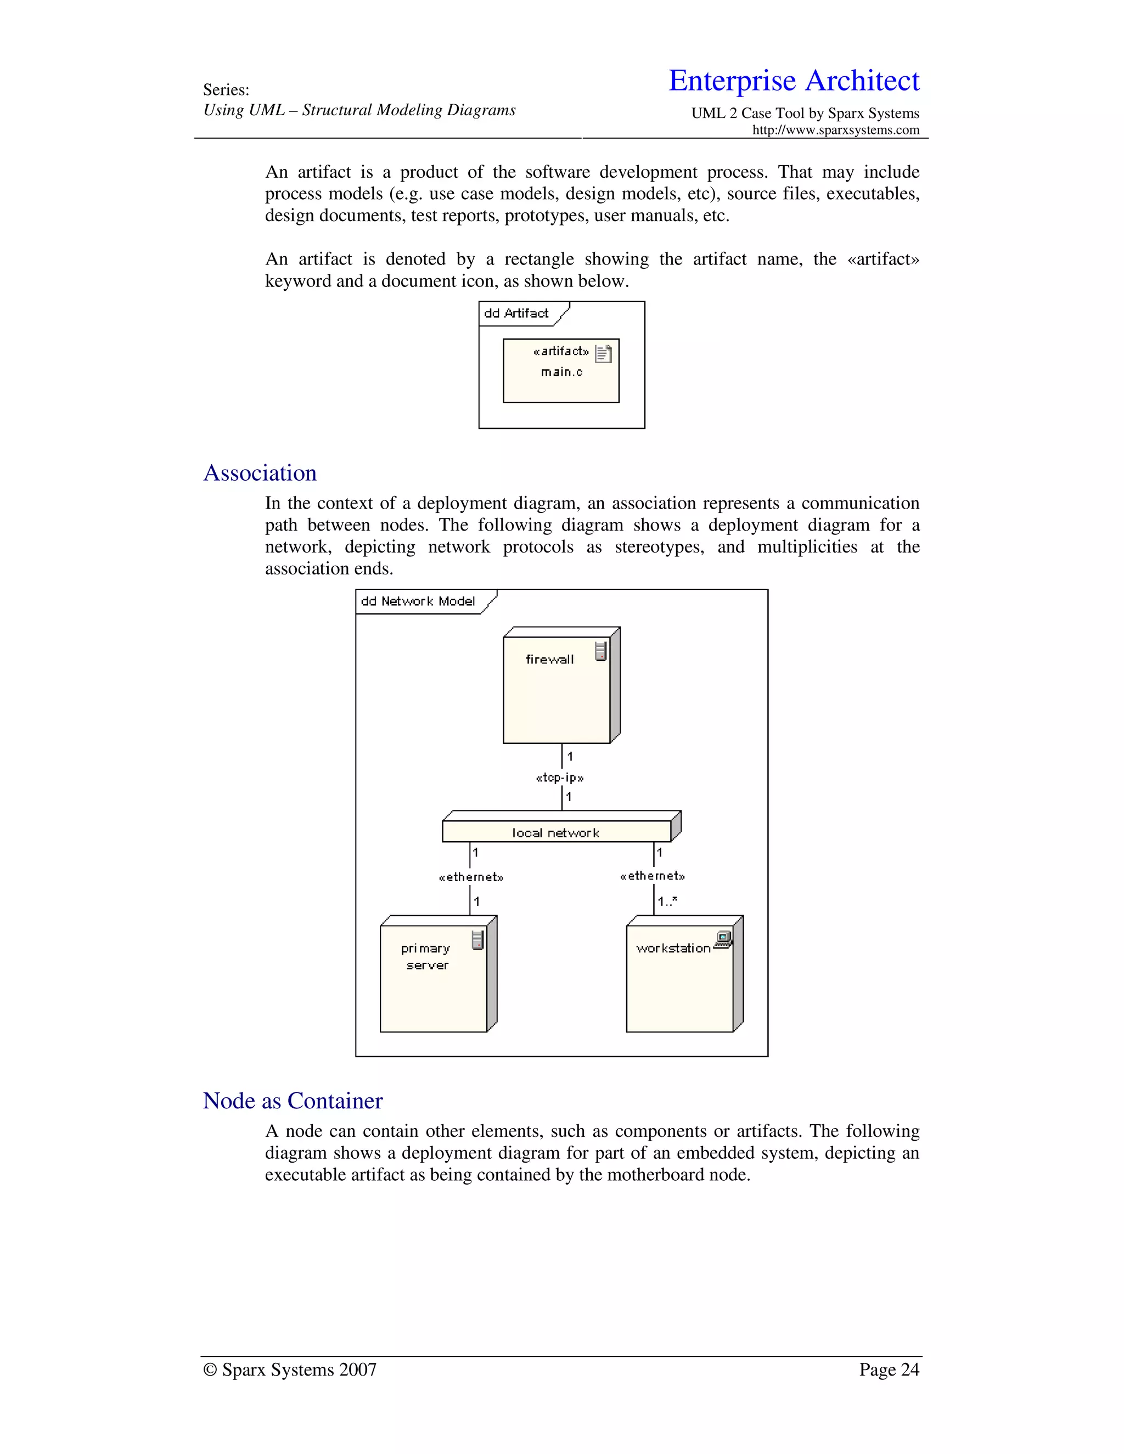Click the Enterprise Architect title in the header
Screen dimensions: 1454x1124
793,81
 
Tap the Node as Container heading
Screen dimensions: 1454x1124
293,1101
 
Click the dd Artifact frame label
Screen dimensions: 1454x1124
516,313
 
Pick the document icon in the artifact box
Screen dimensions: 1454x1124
603,353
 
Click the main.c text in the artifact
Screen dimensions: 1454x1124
561,372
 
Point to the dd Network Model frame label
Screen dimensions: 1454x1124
418,601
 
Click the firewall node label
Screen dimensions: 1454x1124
549,659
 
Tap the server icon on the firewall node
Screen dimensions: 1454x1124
600,651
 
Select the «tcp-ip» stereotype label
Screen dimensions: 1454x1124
559,777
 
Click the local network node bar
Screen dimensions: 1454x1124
556,832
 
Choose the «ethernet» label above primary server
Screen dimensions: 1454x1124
471,877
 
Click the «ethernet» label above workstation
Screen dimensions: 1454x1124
652,876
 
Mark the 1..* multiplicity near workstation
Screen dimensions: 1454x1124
667,901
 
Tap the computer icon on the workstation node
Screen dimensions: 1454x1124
723,939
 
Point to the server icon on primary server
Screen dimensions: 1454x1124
477,940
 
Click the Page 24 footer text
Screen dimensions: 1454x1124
889,1370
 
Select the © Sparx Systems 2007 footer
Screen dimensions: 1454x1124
290,1370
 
